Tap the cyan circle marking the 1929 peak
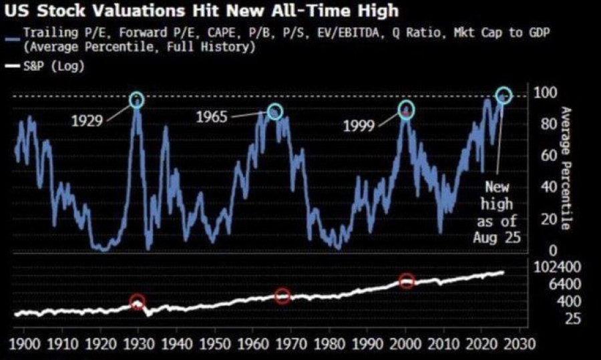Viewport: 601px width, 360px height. coord(136,100)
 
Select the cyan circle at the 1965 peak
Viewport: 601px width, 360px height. coord(274,112)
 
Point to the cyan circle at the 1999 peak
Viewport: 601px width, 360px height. coord(407,109)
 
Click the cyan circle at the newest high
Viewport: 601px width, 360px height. coord(504,96)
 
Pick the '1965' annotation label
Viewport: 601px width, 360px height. coord(212,118)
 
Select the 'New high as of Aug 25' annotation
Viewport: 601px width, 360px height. coord(495,212)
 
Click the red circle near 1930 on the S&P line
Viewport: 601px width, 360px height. coord(137,302)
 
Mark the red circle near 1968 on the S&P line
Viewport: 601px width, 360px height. coord(282,295)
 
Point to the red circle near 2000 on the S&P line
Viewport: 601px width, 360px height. coord(407,281)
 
